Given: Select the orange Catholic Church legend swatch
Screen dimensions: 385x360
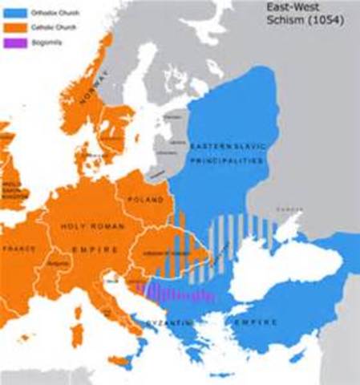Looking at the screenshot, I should (x=12, y=24).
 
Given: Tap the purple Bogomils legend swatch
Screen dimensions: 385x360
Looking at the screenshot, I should (x=12, y=38).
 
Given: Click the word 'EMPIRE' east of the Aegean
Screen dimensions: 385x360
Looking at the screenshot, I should (x=257, y=322).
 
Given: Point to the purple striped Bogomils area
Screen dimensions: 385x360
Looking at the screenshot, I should (x=172, y=292).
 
